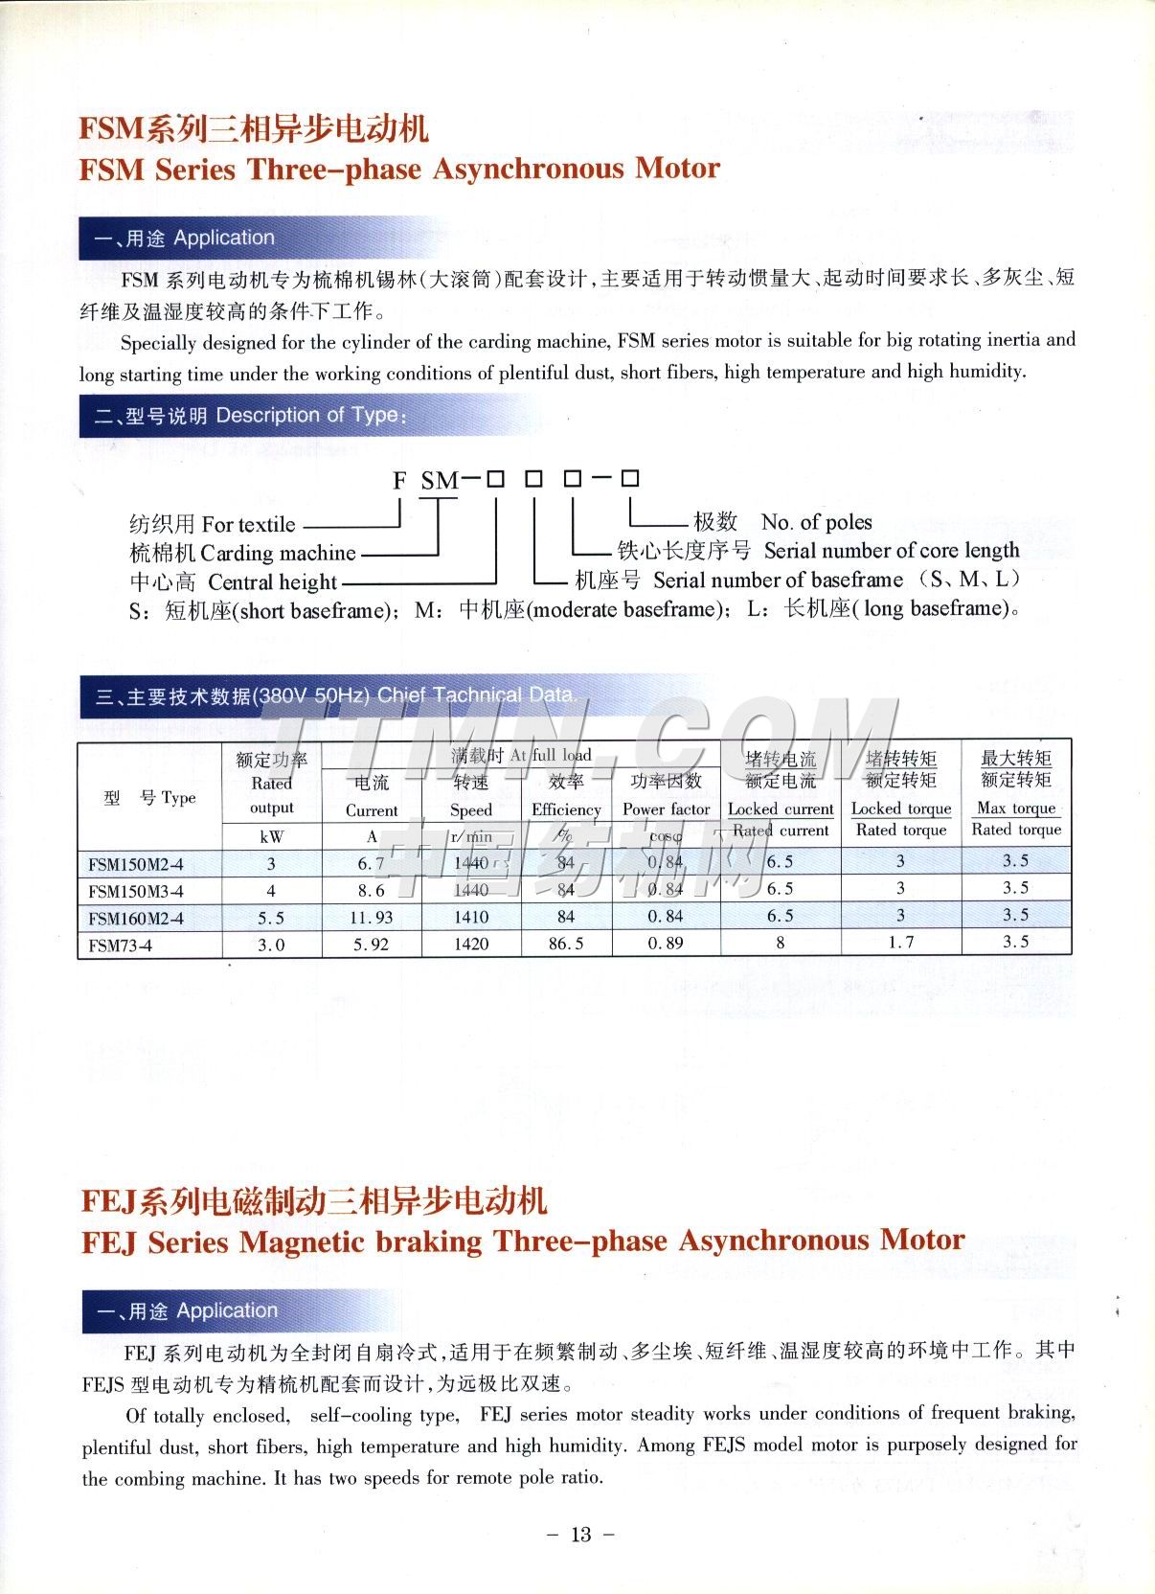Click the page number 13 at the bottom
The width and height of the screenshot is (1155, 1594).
click(x=580, y=1535)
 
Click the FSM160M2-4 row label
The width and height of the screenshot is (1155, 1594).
click(x=136, y=918)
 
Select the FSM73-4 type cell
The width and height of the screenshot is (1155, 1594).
click(x=121, y=945)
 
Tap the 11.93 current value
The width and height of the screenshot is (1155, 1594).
click(x=371, y=918)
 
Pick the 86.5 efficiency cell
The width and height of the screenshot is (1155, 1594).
click(x=566, y=944)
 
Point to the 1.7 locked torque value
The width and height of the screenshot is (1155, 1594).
click(x=900, y=943)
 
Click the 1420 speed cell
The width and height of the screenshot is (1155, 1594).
click(x=471, y=944)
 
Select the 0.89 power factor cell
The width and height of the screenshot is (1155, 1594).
click(x=666, y=944)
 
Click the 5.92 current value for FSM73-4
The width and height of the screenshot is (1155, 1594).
click(x=371, y=945)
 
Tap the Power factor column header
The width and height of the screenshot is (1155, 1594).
click(x=666, y=809)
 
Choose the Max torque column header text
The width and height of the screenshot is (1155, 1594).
click(x=1016, y=808)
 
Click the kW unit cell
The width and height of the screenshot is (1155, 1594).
click(x=271, y=836)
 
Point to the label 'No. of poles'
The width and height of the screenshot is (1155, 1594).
click(x=816, y=522)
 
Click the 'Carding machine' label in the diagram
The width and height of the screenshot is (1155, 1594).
click(x=278, y=553)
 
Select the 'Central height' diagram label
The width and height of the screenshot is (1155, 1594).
click(x=272, y=582)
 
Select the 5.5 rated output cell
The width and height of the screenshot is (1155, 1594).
click(x=271, y=918)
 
